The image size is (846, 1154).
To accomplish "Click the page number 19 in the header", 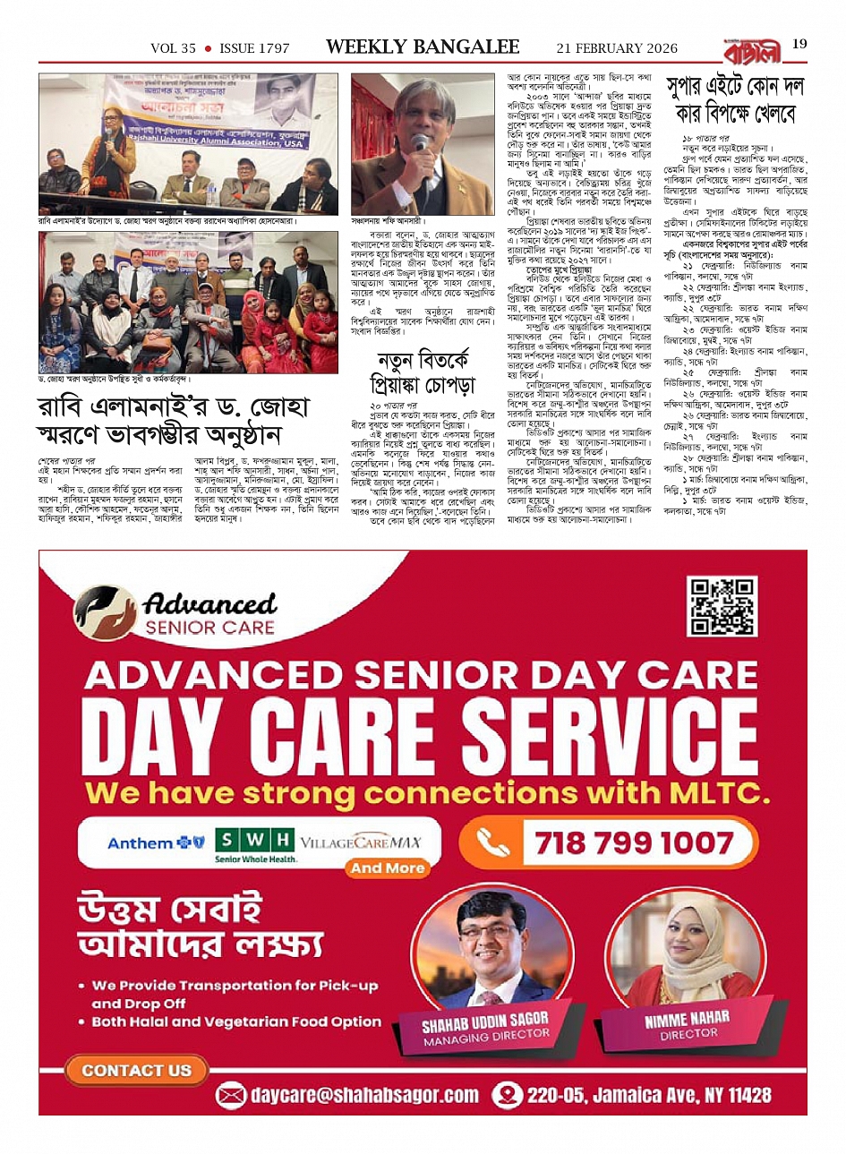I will pos(799,44).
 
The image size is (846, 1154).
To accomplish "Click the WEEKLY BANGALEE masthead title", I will pos(423,47).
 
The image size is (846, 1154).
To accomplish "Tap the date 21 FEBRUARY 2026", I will pos(617,48).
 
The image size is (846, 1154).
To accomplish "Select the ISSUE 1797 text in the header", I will pos(254,48).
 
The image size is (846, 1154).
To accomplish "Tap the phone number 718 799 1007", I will pos(634,842).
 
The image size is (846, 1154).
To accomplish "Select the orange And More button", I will pos(387,868).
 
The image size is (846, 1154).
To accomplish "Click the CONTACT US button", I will pos(136,1070).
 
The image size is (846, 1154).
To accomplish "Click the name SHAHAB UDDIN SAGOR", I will pos(485,1022).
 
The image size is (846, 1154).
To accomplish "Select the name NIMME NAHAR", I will pos(687,1019).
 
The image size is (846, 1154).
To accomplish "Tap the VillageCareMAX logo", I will pos(360,843).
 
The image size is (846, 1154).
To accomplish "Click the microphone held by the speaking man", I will pos(420,143).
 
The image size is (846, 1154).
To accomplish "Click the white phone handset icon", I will pos(494,843).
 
